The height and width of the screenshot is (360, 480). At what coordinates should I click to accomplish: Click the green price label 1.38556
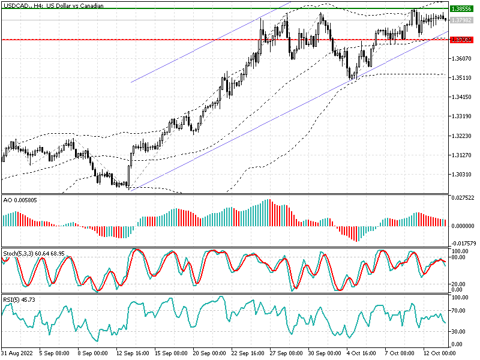pyautogui.click(x=463, y=9)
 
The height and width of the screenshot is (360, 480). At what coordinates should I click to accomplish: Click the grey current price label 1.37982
pyautogui.click(x=463, y=20)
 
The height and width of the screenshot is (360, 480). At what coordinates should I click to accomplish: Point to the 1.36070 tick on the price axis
pyautogui.click(x=463, y=59)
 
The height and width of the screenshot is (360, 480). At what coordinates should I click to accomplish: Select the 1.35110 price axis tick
pyautogui.click(x=463, y=78)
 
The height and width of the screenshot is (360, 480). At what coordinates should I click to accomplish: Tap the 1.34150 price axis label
pyautogui.click(x=463, y=97)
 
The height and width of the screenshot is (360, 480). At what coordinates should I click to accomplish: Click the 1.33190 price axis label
pyautogui.click(x=463, y=116)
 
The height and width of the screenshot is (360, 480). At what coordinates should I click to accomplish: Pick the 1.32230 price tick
pyautogui.click(x=463, y=136)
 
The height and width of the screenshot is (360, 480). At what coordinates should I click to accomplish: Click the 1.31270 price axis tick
pyautogui.click(x=463, y=155)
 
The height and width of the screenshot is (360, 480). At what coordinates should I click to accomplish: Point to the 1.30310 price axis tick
pyautogui.click(x=463, y=174)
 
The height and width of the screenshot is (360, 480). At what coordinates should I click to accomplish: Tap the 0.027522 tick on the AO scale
pyautogui.click(x=464, y=197)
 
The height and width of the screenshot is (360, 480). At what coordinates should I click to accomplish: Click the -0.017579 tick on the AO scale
pyautogui.click(x=464, y=244)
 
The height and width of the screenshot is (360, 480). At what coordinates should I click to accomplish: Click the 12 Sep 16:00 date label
pyautogui.click(x=133, y=353)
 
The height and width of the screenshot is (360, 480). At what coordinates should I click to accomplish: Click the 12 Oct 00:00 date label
pyautogui.click(x=439, y=353)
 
